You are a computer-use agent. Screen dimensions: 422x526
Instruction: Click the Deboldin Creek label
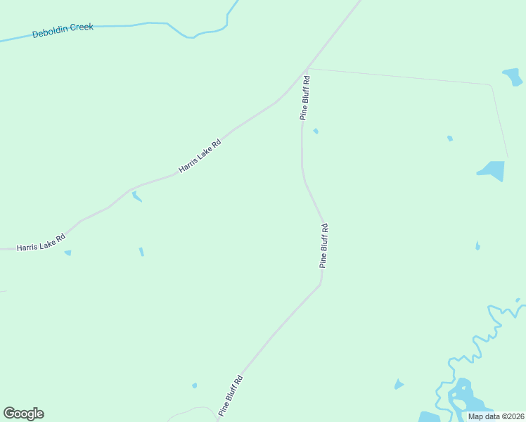coord(63,30)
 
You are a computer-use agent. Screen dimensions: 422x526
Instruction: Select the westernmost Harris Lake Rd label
coord(41,243)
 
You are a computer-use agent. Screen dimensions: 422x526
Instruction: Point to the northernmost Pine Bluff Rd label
coord(304,98)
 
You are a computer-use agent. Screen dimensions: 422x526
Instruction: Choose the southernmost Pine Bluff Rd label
coord(231,395)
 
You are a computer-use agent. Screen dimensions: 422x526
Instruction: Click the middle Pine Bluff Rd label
coord(323,245)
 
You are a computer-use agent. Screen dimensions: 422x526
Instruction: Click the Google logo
coord(23,414)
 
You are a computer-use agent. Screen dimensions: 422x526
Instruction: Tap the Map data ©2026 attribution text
coord(496,416)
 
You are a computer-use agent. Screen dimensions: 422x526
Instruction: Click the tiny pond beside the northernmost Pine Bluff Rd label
coord(316,131)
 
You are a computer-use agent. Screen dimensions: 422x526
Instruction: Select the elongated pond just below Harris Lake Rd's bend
coord(136,196)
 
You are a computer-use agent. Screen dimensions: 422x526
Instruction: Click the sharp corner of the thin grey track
coord(490,85)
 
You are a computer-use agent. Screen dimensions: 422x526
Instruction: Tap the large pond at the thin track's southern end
coord(492,170)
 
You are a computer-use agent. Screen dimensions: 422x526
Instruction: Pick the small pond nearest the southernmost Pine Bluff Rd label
coord(194,385)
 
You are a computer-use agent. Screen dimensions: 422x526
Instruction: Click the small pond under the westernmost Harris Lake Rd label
coord(68,252)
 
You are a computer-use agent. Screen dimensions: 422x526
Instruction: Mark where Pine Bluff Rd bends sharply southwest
coord(321,284)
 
